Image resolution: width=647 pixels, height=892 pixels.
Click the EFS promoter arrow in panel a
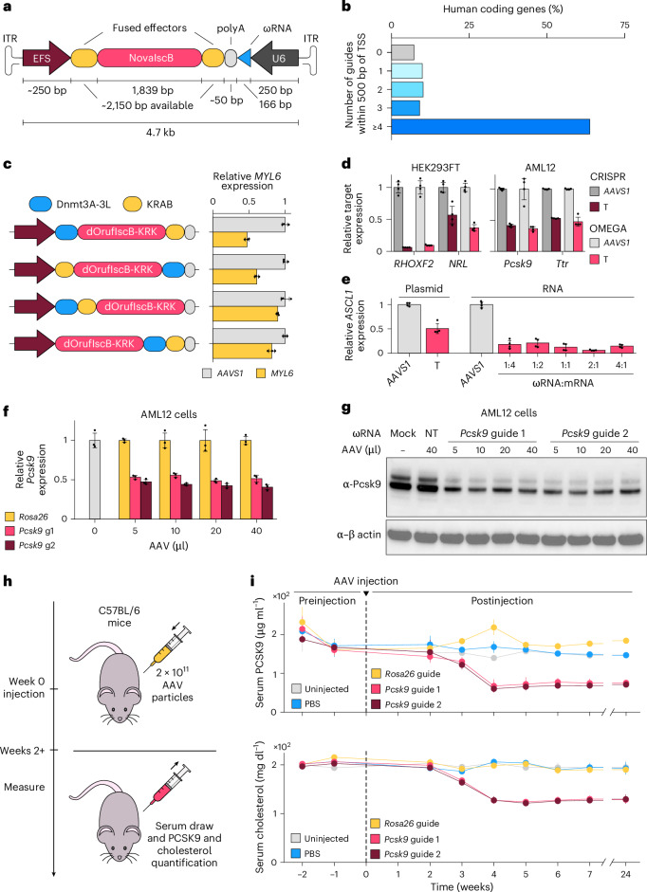point(46,58)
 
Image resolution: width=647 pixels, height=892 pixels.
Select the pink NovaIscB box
point(150,58)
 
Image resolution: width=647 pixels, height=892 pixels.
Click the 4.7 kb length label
point(160,133)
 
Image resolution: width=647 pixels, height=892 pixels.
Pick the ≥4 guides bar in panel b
point(490,126)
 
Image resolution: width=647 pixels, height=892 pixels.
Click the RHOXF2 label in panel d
point(410,264)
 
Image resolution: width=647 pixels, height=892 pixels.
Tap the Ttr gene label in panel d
point(563,264)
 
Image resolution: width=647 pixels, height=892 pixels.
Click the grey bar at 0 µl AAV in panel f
point(95,479)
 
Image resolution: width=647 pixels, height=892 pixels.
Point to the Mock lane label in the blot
point(402,433)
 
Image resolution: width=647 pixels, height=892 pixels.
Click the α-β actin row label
point(359,535)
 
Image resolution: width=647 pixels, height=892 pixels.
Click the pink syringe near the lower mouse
point(168,787)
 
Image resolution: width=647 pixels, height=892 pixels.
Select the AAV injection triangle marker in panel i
point(365,593)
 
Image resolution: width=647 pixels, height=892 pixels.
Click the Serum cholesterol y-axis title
point(260,808)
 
